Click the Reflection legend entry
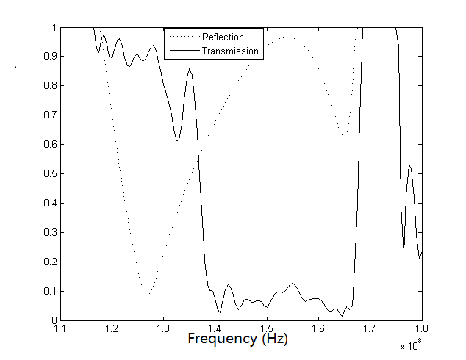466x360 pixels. coord(222,37)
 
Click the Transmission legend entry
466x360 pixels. coord(229,51)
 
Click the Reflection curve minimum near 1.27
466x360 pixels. coord(148,295)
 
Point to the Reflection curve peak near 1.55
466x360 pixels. coord(287,37)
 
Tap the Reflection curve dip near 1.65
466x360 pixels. coord(343,136)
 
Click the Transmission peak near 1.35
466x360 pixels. coord(190,69)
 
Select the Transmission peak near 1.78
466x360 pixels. coord(409,165)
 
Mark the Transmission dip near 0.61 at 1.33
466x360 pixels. coord(177,140)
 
